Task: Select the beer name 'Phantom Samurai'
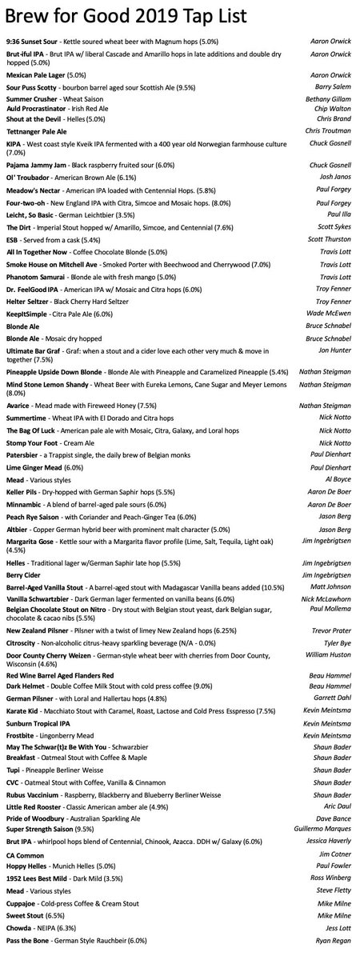(33, 274)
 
